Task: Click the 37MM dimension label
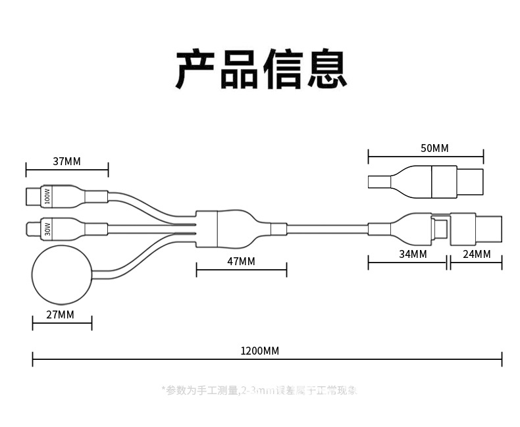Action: (x=66, y=161)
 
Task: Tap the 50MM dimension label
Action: (x=434, y=149)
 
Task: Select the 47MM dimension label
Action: (x=241, y=261)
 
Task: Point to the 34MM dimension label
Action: (x=413, y=254)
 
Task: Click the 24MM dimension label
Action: (x=477, y=254)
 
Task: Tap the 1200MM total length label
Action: (x=261, y=351)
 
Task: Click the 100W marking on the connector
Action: (x=47, y=196)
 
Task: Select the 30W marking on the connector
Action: (x=47, y=230)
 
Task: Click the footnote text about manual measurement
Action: (x=260, y=390)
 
